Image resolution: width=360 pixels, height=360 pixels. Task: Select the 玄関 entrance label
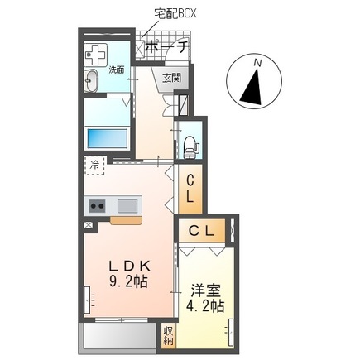coord(171,79)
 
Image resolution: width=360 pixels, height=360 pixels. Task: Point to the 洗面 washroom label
coord(117,70)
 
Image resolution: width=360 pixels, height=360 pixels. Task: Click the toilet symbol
coord(190,146)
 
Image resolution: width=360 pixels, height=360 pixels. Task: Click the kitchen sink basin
coord(128,205)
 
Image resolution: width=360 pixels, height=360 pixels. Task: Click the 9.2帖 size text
coord(131,281)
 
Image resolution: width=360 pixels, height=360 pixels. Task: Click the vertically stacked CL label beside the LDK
coord(190,189)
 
